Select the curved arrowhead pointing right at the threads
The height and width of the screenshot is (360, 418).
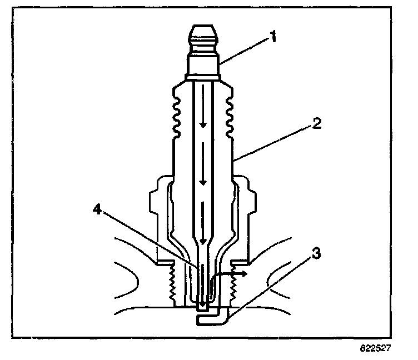[245, 274]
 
